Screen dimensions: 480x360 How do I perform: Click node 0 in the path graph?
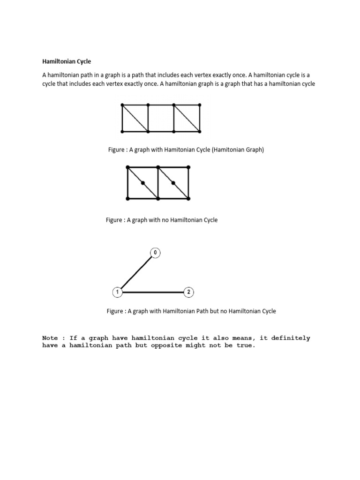pyautogui.click(x=155, y=253)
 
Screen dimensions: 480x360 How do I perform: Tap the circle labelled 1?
pyautogui.click(x=117, y=292)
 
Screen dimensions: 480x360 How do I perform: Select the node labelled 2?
pyautogui.click(x=188, y=292)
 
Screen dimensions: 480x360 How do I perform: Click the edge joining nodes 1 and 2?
pyautogui.click(x=153, y=292)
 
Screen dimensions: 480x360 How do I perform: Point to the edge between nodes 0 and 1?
pyautogui.click(x=136, y=273)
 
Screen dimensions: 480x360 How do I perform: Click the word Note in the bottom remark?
pyautogui.click(x=50, y=338)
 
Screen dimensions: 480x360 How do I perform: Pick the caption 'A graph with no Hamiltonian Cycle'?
pyautogui.click(x=162, y=220)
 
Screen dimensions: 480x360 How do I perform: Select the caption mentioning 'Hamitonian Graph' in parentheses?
pyautogui.click(x=186, y=150)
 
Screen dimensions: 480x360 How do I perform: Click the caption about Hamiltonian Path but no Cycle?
pyautogui.click(x=191, y=311)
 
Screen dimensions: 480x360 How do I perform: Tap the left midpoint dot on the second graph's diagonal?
pyautogui.click(x=142, y=183)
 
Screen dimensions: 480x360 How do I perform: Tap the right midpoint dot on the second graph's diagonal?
pyautogui.click(x=173, y=183)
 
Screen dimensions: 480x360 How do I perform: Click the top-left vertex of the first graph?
pyautogui.click(x=122, y=105)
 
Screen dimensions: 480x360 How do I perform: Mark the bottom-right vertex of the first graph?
pyautogui.click(x=200, y=131)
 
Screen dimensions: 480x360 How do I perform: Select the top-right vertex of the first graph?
pyautogui.click(x=200, y=105)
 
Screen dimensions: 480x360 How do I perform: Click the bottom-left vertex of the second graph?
pyautogui.click(x=127, y=199)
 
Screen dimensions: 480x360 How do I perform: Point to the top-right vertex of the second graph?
pyautogui.click(x=188, y=167)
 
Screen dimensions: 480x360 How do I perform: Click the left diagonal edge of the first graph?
pyautogui.click(x=135, y=118)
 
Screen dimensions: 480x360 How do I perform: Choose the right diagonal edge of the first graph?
pyautogui.click(x=187, y=118)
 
